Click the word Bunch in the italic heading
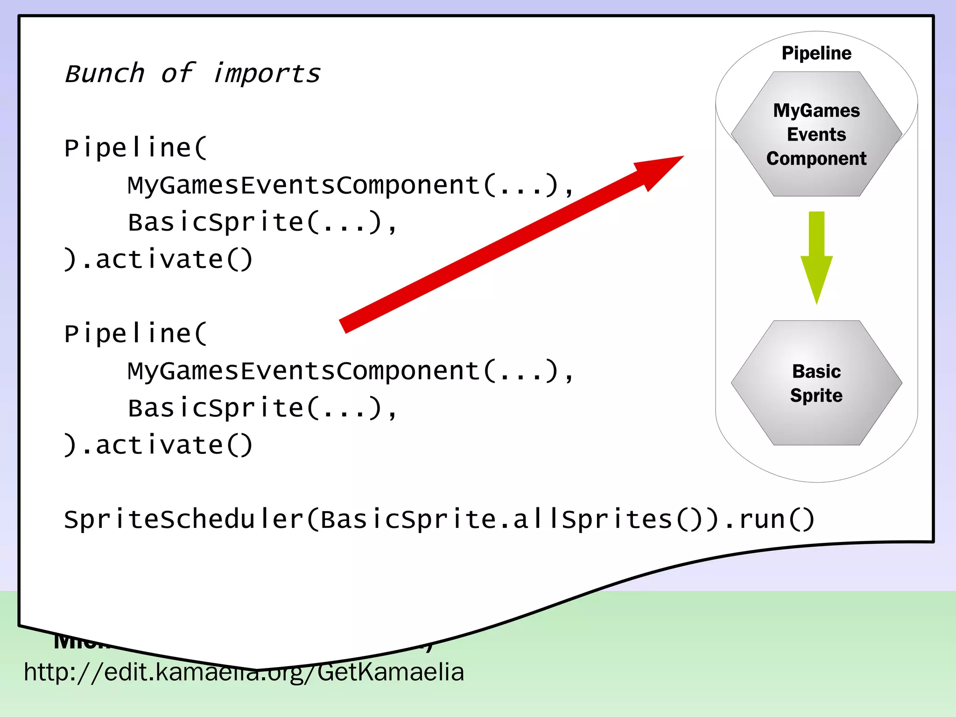point(105,74)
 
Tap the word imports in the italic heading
point(267,74)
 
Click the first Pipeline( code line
point(136,148)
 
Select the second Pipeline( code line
point(136,334)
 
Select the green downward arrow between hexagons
point(816,257)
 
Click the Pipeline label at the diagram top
point(816,53)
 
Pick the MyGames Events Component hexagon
point(816,134)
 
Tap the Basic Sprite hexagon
point(816,383)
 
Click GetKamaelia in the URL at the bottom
point(390,673)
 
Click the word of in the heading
point(177,74)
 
